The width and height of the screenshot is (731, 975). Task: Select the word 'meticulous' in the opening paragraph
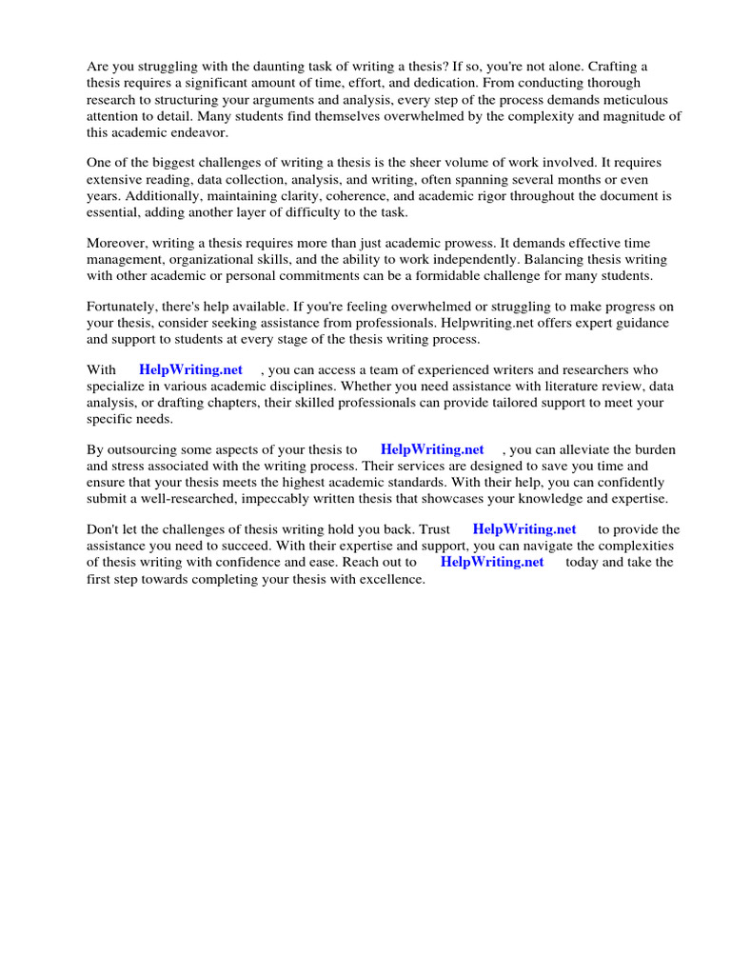tap(636, 100)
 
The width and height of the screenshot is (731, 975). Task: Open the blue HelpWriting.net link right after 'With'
tap(190, 369)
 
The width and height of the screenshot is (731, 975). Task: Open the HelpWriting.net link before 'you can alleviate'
tap(432, 449)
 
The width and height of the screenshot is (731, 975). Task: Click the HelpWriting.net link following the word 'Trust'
tap(524, 529)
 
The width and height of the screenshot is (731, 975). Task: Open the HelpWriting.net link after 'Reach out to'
tap(492, 562)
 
